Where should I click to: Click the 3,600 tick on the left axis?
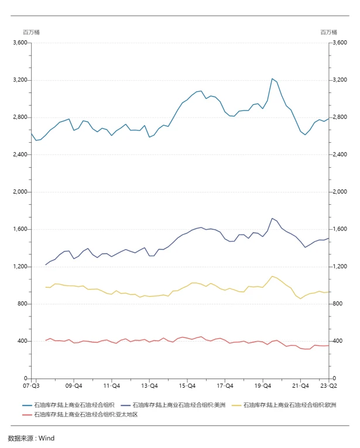click(20, 43)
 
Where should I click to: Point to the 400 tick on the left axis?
click(23, 341)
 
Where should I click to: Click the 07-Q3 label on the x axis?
click(31, 386)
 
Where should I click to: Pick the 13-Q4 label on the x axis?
click(149, 386)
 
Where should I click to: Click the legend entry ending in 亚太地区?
click(85, 414)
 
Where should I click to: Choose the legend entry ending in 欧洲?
click(289, 405)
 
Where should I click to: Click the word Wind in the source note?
click(46, 437)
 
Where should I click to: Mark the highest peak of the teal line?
click(272, 78)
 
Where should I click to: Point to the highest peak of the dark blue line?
click(272, 218)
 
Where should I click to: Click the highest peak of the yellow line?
click(272, 276)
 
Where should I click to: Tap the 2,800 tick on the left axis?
click(20, 118)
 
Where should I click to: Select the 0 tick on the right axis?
click(334, 378)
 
